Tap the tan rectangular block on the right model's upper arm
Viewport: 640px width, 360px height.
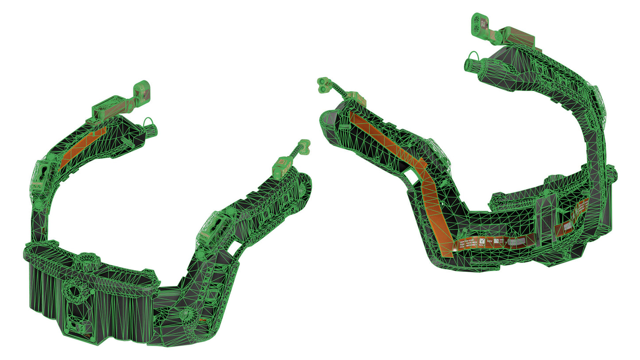[x=521, y=37]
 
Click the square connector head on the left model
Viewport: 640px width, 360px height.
[x=142, y=88]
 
